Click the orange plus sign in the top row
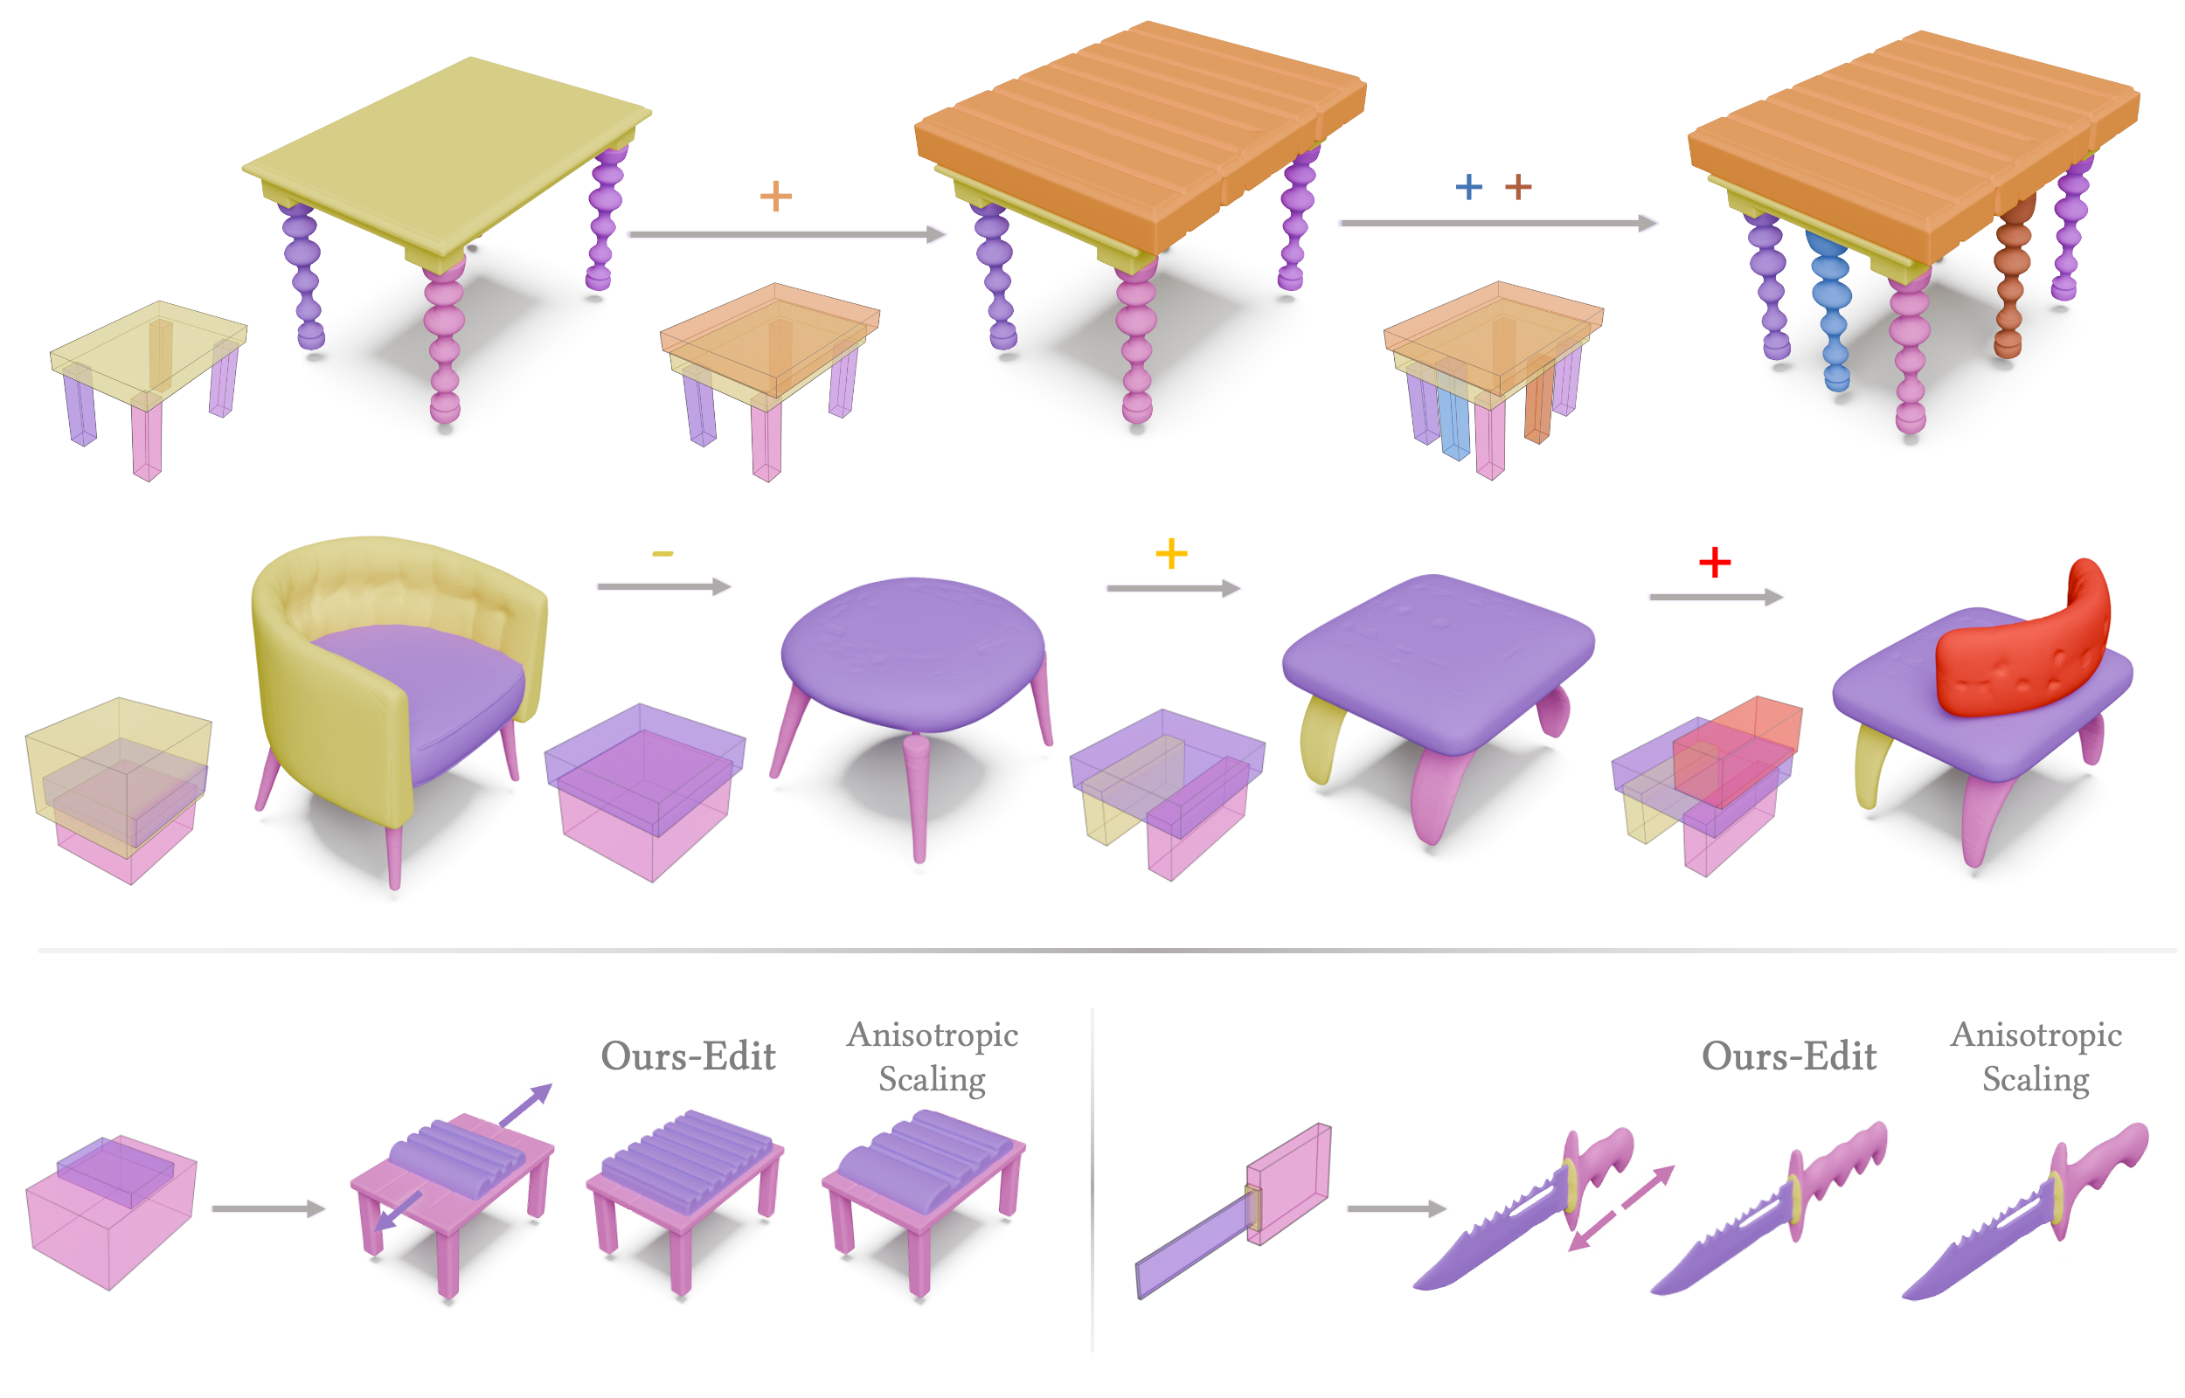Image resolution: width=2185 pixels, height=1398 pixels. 775,196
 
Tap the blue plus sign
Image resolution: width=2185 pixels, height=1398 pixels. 1467,187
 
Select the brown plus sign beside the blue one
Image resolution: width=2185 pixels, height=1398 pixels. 1518,187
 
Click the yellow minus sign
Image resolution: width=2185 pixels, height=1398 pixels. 662,554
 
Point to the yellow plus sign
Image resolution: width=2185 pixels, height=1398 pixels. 1171,554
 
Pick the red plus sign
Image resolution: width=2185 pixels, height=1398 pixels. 1715,562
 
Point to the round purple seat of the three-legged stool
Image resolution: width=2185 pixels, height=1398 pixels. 913,652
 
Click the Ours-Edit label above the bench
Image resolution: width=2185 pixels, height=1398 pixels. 688,1055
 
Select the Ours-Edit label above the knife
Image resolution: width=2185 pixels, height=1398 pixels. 1788,1055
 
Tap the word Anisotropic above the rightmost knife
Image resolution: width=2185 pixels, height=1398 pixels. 2036,1035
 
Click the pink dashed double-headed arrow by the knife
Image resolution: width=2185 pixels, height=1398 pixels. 1621,1208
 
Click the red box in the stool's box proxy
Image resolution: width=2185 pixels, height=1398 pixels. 1738,751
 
